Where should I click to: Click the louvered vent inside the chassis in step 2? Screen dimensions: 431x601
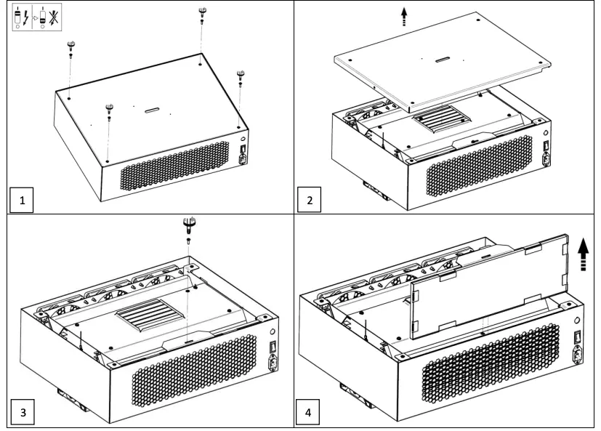pos(440,116)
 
